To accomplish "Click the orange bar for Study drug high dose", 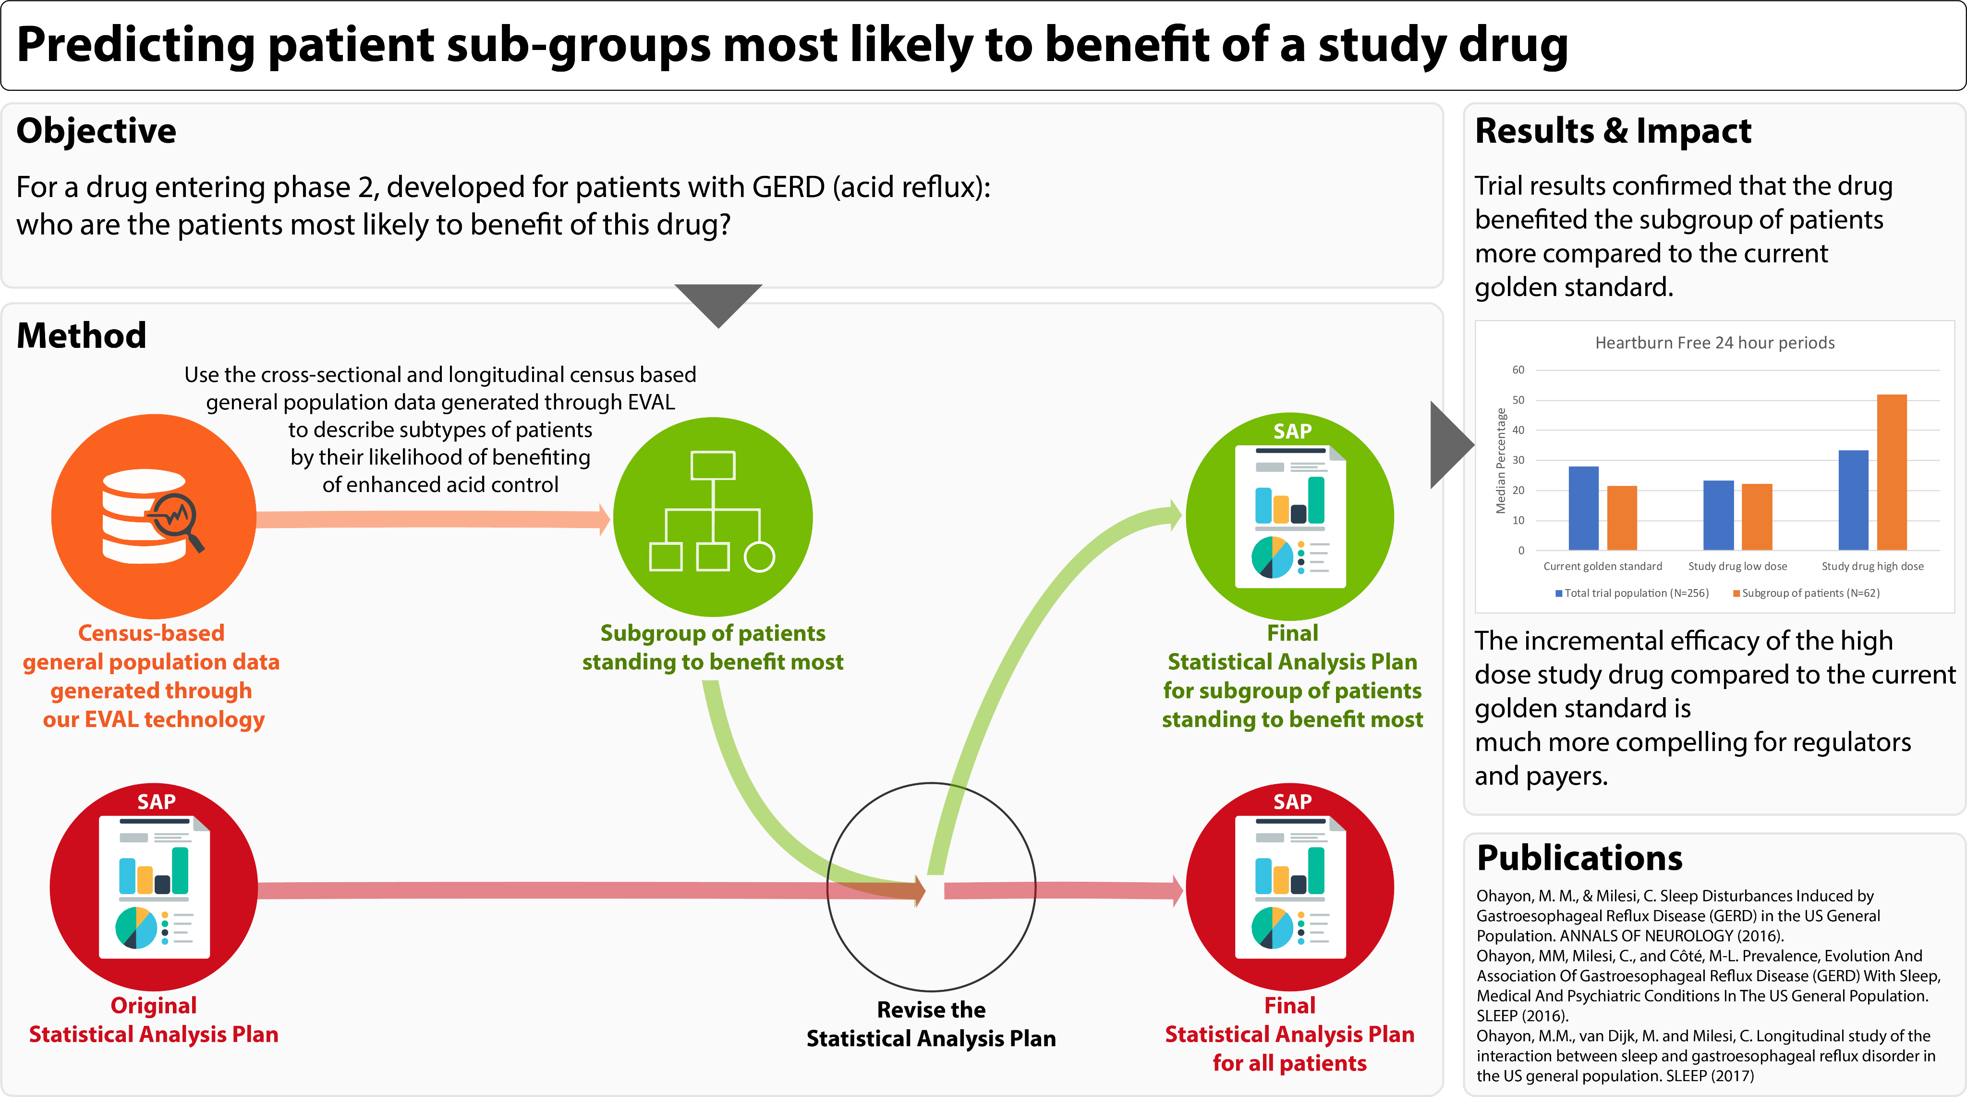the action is point(1892,472).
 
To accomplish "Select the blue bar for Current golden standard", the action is point(1583,508).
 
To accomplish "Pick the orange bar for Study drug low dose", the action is point(1756,517).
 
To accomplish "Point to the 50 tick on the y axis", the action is point(1518,399).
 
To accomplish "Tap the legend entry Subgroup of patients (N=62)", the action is point(1807,593).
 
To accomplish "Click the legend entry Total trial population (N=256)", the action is point(1633,593).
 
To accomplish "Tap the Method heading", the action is point(81,335).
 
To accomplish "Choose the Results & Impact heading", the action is point(1613,131).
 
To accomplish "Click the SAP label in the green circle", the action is point(1292,431).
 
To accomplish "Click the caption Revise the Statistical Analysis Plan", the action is point(931,1023).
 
